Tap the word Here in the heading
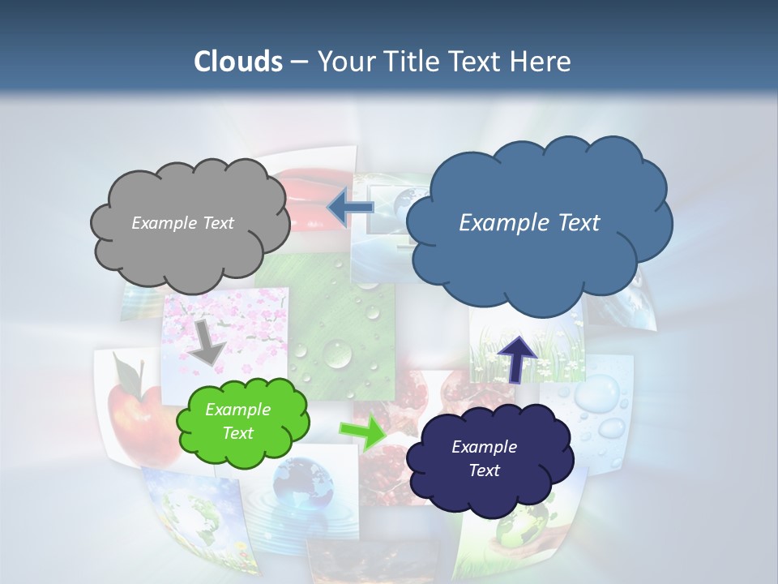542,62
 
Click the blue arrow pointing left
350,208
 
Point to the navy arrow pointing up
517,357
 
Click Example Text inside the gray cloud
182,223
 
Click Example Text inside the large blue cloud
529,223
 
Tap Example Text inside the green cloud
237,422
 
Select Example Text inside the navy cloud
484,458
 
